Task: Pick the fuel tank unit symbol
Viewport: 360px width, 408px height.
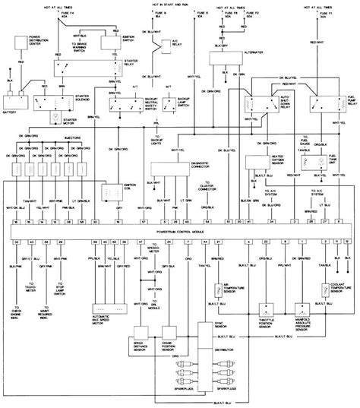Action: point(328,160)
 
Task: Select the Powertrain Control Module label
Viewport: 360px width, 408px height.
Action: point(180,229)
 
